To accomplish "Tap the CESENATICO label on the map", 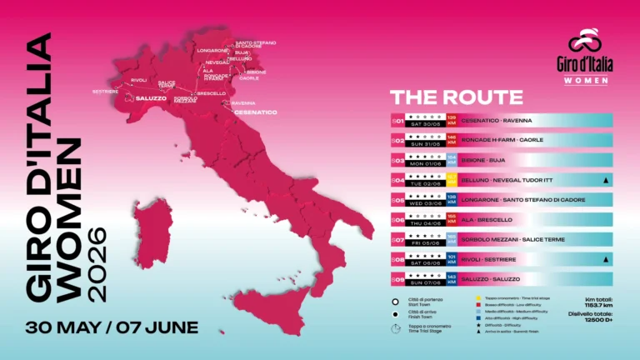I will [254, 111].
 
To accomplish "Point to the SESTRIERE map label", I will [105, 90].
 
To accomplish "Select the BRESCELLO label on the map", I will [212, 92].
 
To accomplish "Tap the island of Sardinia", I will [151, 226].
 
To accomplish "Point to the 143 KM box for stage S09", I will [452, 279].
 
